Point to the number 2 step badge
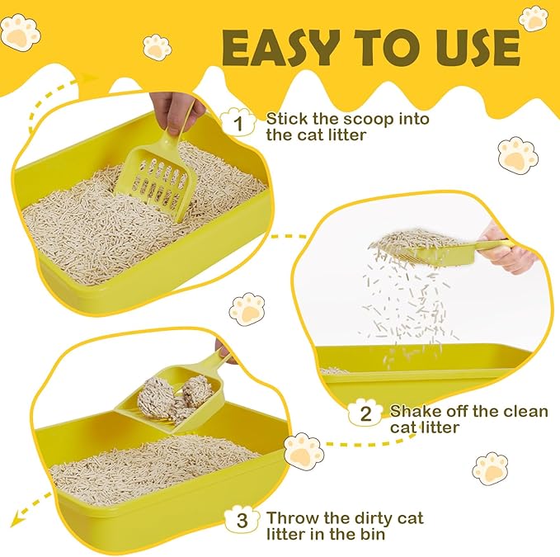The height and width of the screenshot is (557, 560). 364,413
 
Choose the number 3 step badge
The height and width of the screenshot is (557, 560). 241,521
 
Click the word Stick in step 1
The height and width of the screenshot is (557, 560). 285,119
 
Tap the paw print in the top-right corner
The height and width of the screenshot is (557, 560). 534,17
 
